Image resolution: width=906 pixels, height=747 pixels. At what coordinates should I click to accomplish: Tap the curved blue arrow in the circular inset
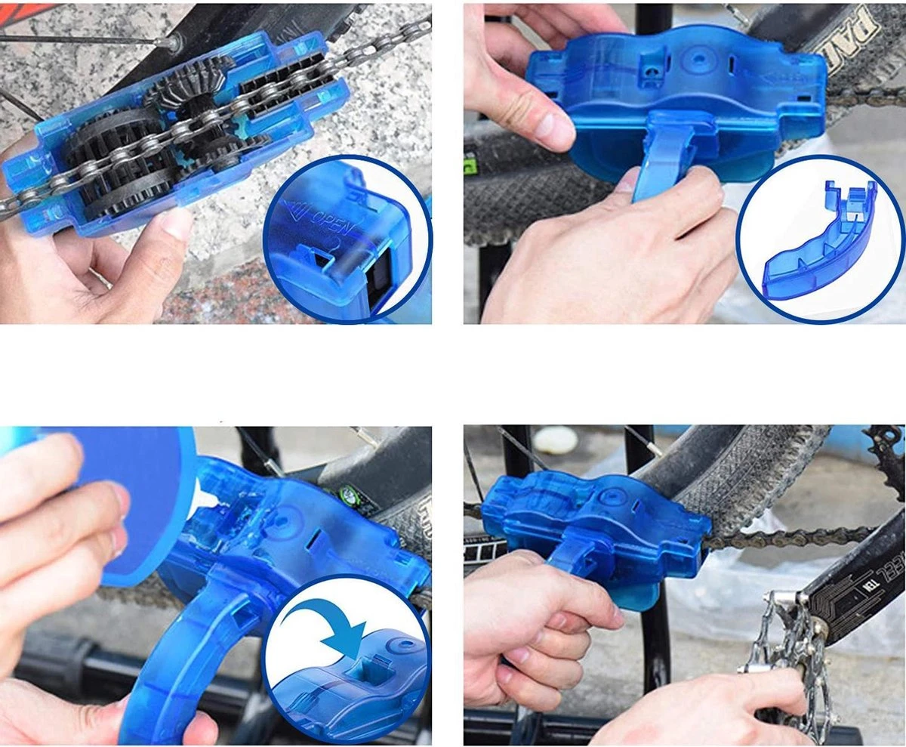(x=344, y=619)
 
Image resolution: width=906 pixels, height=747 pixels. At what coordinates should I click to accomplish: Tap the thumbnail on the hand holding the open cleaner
(x=175, y=224)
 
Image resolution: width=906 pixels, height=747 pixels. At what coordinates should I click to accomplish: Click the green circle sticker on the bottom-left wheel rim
(x=350, y=497)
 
